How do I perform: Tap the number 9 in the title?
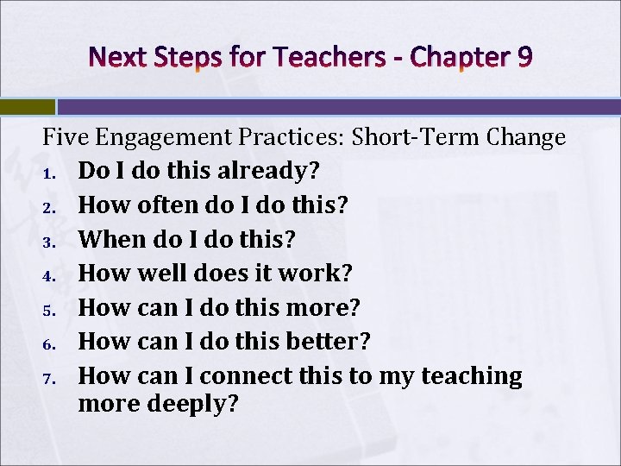tap(524, 57)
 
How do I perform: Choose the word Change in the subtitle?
tap(526, 137)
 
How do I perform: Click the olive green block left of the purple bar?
tap(27, 107)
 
